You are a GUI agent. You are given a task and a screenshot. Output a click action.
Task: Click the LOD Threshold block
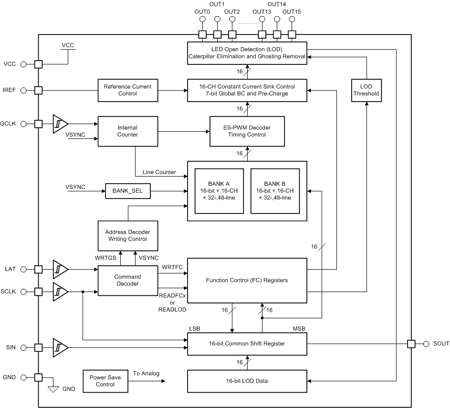(366, 90)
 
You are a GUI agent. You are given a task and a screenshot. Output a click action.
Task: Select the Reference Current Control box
(127, 90)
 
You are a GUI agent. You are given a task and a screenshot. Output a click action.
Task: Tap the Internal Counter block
(127, 131)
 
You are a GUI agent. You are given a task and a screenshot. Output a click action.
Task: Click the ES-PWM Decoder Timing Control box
(247, 131)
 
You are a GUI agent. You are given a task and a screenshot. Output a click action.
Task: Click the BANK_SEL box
(127, 191)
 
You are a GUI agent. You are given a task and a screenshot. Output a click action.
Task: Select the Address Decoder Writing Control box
(127, 235)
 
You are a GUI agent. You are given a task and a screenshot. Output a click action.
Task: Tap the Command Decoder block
(127, 280)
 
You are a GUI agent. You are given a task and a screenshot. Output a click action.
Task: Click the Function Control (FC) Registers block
(247, 280)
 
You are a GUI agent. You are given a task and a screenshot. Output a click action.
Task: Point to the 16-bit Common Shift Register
(247, 344)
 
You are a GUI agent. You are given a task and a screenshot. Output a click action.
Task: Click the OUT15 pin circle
(292, 20)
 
